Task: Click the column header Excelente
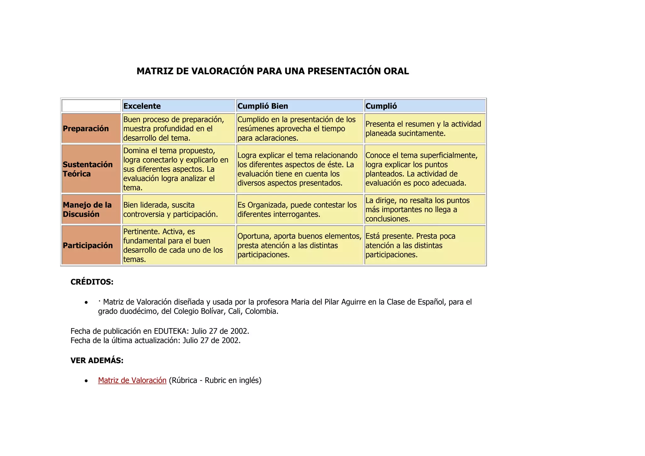142,106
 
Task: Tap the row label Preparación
86,128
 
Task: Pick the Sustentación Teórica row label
88,169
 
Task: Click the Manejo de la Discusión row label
87,209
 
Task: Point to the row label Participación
88,245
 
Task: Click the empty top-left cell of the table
91,106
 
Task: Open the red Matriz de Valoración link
132,380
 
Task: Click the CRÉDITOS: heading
92,282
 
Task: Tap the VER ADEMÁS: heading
97,361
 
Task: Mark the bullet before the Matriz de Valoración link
86,381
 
